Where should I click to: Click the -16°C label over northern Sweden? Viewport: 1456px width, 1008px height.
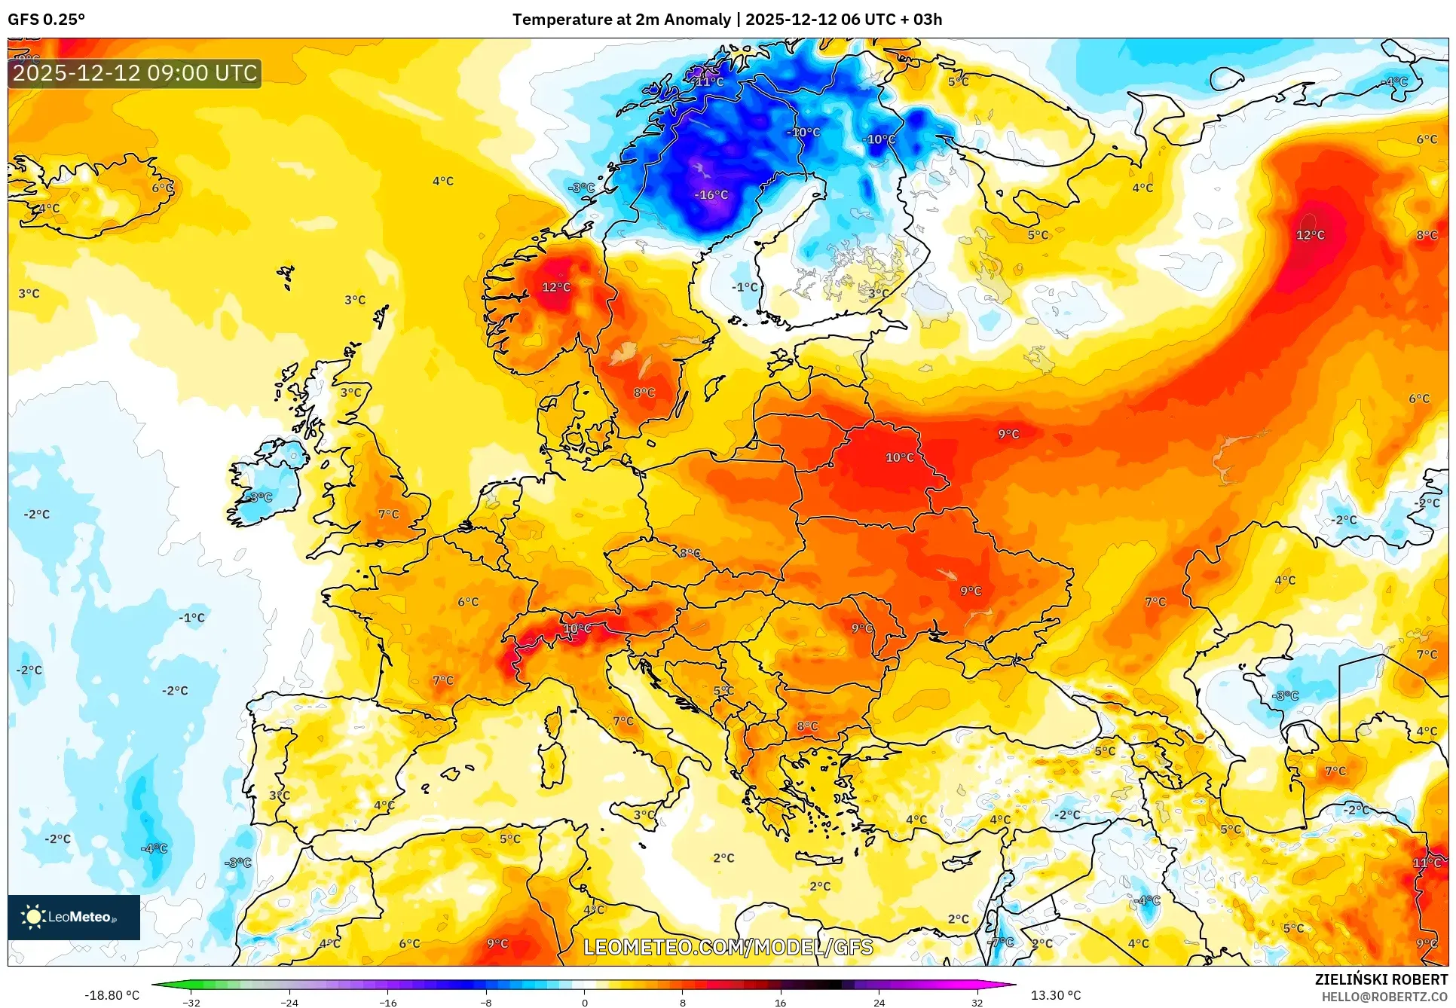click(x=711, y=195)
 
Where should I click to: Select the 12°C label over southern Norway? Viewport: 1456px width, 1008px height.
click(x=556, y=288)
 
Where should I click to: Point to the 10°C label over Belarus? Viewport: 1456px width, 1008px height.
click(x=899, y=458)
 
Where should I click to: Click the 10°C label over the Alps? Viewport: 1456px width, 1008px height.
click(x=577, y=629)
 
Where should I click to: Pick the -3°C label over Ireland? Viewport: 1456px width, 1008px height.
click(x=259, y=497)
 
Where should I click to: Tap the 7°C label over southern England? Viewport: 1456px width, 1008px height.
click(x=389, y=515)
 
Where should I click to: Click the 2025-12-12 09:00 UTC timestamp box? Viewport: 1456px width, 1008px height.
click(x=135, y=74)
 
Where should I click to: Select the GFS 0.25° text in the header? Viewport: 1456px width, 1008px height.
click(x=46, y=20)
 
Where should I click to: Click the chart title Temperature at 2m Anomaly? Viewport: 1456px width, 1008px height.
click(x=621, y=20)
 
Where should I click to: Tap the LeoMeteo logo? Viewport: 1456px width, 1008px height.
click(x=74, y=918)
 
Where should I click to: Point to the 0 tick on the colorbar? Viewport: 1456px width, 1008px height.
click(x=584, y=1003)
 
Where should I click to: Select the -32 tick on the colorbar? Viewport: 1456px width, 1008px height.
click(x=191, y=1003)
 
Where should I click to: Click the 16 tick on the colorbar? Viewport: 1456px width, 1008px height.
click(x=780, y=1003)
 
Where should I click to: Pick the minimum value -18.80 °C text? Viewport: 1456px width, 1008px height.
click(x=112, y=996)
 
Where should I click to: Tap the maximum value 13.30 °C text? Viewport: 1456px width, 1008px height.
click(x=1055, y=996)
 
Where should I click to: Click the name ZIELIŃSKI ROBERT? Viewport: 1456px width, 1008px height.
click(x=1381, y=980)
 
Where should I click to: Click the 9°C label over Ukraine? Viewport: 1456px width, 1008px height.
click(x=971, y=591)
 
